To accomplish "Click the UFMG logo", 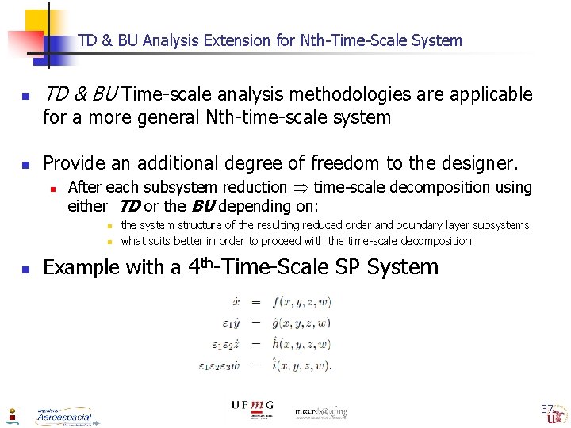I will point(251,407).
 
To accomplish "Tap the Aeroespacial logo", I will point(63,416).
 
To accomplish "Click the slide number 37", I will point(546,409).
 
